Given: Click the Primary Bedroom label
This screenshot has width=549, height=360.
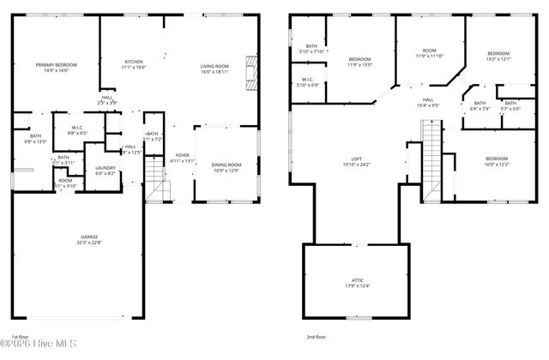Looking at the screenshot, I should [x=57, y=65].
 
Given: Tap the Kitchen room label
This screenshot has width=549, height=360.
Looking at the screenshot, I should [x=133, y=62].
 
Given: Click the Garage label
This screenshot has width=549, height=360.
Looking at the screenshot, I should [x=89, y=237].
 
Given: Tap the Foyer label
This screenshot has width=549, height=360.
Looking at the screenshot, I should [x=182, y=155].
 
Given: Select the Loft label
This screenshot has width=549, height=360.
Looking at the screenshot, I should [x=357, y=159].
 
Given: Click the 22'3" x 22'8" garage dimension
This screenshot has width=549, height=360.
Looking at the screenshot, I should [x=89, y=243].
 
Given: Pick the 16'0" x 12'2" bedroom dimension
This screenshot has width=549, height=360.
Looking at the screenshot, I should [x=497, y=165].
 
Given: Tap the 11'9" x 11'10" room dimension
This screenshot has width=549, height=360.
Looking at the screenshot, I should [x=430, y=57].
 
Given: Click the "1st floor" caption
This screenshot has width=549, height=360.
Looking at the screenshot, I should [x=20, y=337].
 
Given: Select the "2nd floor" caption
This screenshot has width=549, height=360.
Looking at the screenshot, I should [x=316, y=337].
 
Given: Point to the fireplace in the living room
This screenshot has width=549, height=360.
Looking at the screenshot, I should [x=250, y=72].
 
